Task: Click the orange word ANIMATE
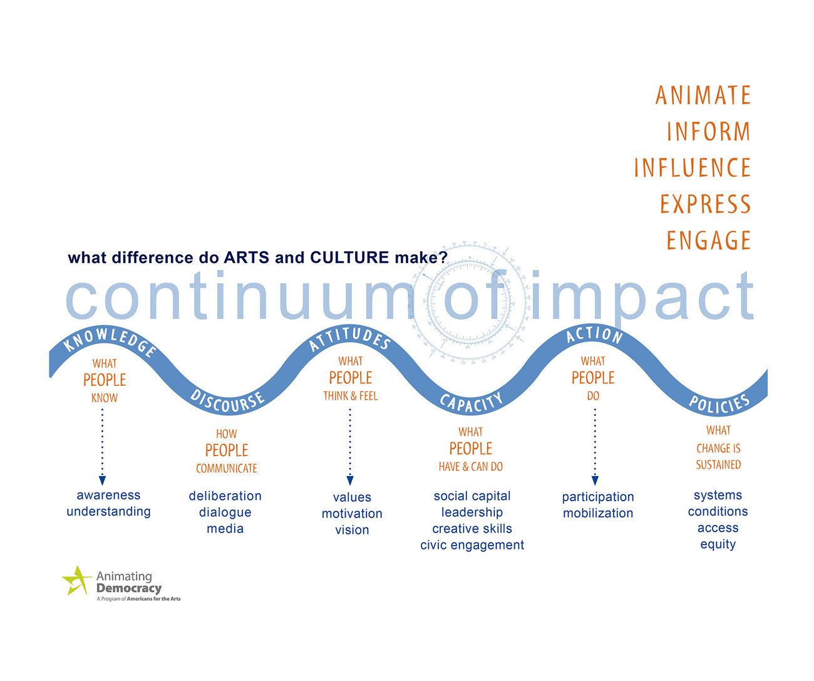tap(703, 95)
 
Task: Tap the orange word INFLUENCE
tap(692, 168)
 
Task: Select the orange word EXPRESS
tap(705, 204)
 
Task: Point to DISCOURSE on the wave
tap(227, 402)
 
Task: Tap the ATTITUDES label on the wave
tap(349, 338)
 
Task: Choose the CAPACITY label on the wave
tap(471, 402)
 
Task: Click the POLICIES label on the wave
tap(719, 403)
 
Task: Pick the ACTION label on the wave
tap(594, 335)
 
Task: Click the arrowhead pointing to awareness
tap(102, 481)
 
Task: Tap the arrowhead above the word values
tap(350, 481)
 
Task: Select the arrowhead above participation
tap(595, 481)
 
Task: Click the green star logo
tap(77, 580)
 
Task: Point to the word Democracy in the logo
tap(129, 588)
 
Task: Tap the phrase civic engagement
tap(471, 545)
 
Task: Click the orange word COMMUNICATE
tap(227, 469)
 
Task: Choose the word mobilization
tap(597, 513)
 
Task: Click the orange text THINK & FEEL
tap(351, 397)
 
